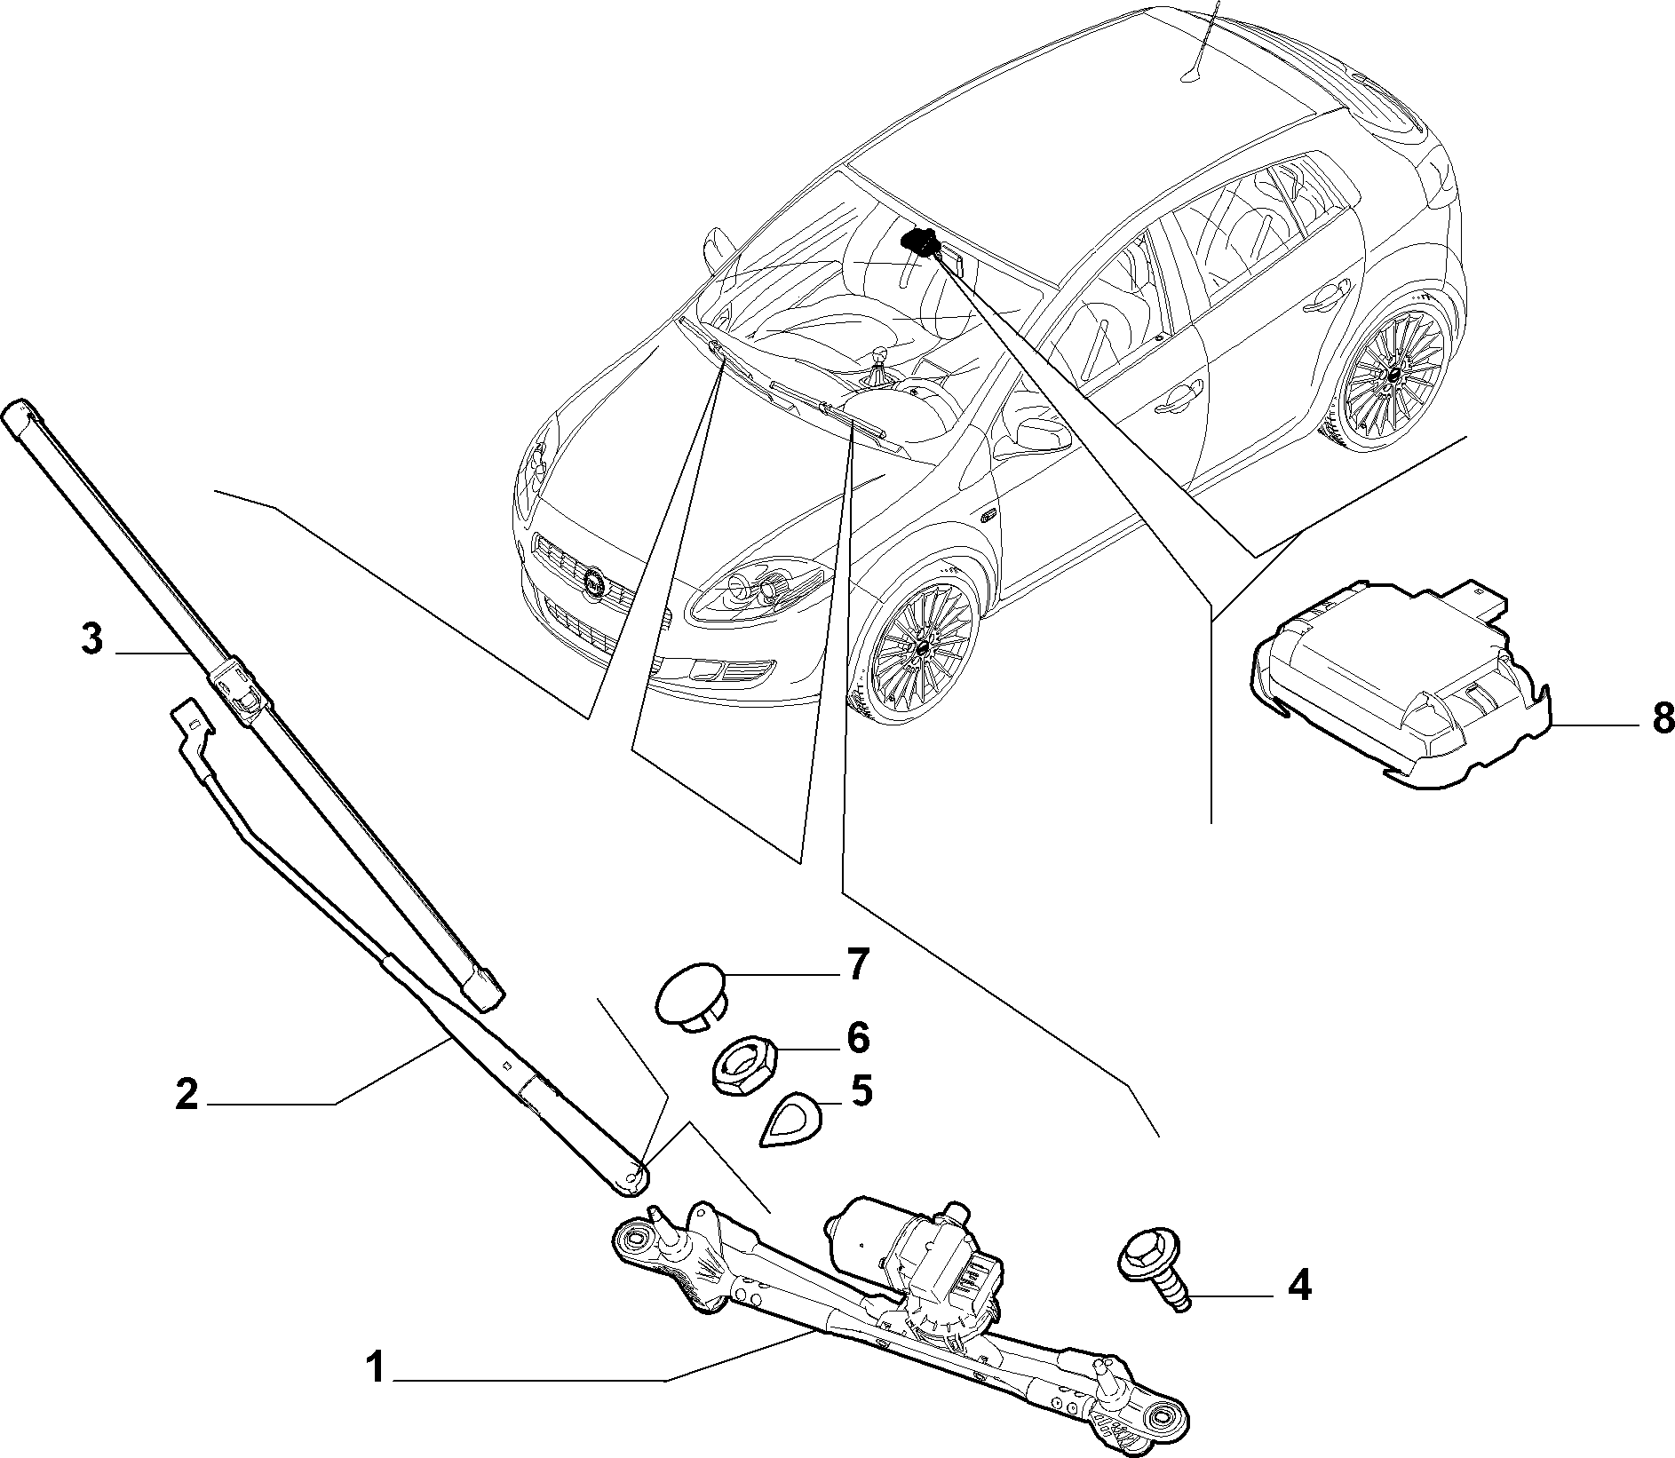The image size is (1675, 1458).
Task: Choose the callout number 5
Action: click(861, 1091)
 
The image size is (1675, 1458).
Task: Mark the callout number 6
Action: click(857, 1035)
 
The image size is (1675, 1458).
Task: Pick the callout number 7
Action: click(855, 964)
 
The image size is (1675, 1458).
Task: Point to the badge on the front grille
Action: click(592, 583)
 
